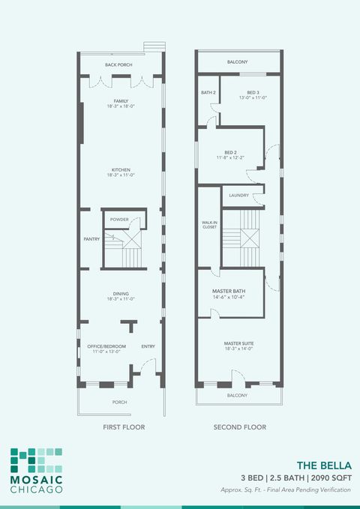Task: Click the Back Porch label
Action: [118, 65]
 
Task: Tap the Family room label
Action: [121, 100]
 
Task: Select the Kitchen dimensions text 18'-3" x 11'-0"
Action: [121, 175]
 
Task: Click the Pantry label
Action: [91, 239]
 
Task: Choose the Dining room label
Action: [121, 294]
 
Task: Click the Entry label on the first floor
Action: [148, 346]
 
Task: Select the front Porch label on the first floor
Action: [119, 403]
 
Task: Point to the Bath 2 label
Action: [208, 93]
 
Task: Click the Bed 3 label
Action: [253, 93]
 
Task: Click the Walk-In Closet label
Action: [208, 224]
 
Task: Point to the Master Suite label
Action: [238, 344]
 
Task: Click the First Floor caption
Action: [123, 427]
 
